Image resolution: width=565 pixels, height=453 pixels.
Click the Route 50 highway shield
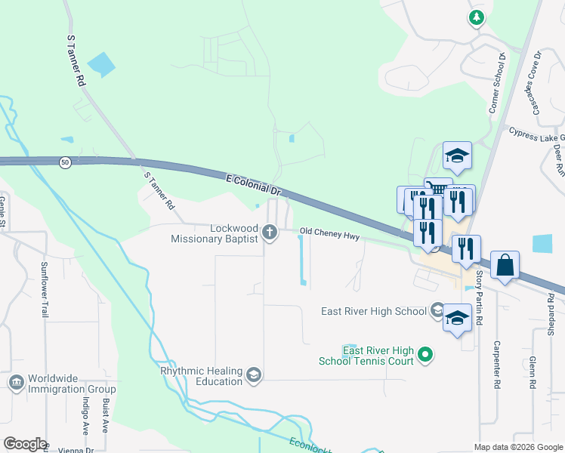(x=65, y=162)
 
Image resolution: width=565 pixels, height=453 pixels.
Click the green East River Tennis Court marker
(x=425, y=353)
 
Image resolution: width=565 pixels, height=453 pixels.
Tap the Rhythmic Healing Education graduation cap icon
(x=254, y=374)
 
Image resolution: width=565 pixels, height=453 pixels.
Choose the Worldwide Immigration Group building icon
(x=16, y=383)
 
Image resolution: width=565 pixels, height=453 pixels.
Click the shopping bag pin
(x=505, y=265)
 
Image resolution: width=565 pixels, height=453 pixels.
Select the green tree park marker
(x=476, y=17)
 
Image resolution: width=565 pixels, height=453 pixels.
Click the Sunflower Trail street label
(x=44, y=288)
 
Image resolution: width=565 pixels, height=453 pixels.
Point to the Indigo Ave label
(x=85, y=418)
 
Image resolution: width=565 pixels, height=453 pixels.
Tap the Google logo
(x=25, y=444)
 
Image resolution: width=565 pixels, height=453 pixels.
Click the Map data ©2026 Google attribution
(x=517, y=447)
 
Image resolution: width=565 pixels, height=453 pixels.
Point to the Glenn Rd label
(x=533, y=372)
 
